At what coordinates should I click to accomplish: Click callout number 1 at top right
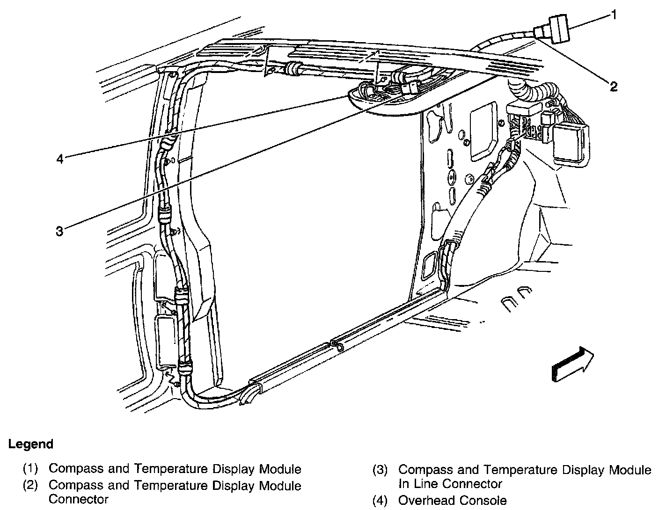[613, 15]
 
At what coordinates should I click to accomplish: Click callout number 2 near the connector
[613, 86]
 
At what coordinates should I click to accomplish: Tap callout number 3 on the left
[59, 231]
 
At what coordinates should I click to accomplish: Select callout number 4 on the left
[59, 159]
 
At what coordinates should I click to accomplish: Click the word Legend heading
[31, 444]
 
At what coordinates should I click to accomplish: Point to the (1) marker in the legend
[30, 469]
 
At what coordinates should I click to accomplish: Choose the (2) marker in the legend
[30, 486]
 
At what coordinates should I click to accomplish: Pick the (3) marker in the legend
[380, 470]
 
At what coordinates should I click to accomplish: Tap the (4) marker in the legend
[380, 501]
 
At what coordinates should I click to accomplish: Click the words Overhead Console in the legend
[452, 501]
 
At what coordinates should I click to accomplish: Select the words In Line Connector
[450, 484]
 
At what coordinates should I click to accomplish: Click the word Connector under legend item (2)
[79, 499]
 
